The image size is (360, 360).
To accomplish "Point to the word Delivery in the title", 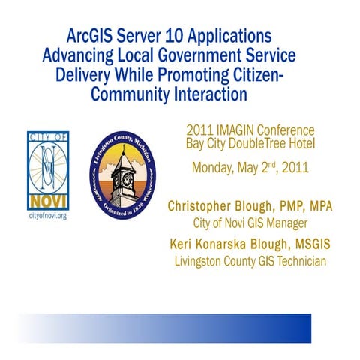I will point(84,75).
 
